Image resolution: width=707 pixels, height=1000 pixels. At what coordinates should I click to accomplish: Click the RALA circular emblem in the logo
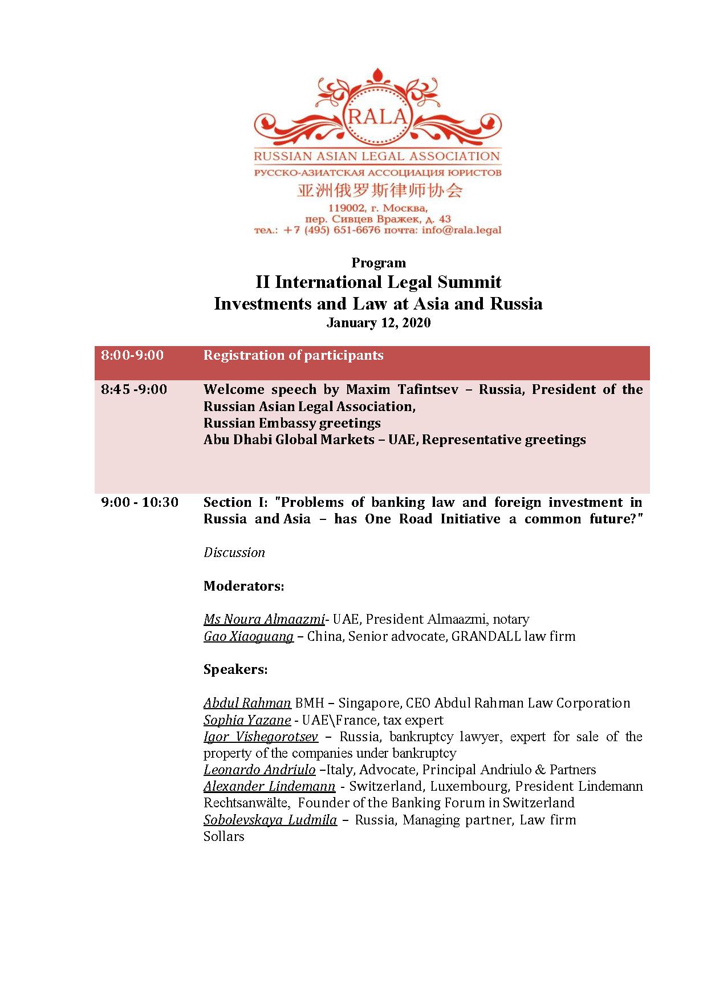377,116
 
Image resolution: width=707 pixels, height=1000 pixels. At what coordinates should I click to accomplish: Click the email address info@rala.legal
461,230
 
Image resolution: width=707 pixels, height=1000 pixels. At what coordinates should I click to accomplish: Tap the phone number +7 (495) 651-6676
331,230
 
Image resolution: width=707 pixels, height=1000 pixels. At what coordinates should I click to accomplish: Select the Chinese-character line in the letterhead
379,190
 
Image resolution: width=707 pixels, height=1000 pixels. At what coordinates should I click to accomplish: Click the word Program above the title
379,263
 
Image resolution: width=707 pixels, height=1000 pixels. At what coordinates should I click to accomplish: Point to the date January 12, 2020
379,323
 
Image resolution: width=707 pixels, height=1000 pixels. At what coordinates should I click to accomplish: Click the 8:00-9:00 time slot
132,356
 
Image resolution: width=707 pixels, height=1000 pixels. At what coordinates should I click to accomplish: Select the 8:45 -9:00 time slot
134,390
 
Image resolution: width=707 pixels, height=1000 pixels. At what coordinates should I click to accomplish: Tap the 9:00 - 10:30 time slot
140,503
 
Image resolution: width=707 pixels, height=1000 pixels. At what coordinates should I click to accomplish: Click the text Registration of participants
293,356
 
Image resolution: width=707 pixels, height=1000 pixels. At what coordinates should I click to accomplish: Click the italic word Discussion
234,552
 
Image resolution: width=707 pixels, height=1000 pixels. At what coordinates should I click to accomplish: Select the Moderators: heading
243,586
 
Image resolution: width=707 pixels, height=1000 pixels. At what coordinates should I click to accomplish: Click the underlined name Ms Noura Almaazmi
264,619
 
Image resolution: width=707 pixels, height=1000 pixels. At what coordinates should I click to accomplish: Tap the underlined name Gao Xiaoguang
249,636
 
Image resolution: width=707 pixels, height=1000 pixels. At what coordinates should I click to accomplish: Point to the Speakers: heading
235,669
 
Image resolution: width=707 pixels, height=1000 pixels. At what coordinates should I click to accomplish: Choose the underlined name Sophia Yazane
247,720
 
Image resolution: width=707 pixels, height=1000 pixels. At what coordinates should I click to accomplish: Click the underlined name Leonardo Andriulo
259,770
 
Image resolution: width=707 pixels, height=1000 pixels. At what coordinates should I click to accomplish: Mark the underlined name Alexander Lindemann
269,787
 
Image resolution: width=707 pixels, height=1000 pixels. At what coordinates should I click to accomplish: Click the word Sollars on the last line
224,837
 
